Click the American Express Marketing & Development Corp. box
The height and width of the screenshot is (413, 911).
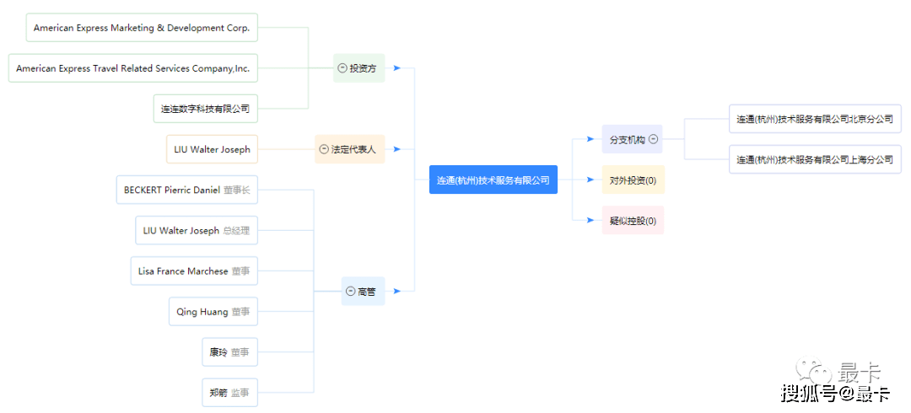click(x=142, y=28)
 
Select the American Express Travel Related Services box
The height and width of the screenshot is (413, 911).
click(x=133, y=68)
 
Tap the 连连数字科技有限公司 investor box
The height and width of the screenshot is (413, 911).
click(x=206, y=109)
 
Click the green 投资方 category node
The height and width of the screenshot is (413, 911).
click(x=359, y=68)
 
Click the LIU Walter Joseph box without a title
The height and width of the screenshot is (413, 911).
click(x=212, y=149)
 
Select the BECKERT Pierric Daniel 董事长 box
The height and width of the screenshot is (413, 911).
click(x=187, y=190)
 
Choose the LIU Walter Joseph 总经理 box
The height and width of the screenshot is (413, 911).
click(x=197, y=231)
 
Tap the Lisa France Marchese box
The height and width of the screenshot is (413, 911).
click(x=194, y=271)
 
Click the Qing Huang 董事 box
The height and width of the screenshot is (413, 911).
click(x=213, y=312)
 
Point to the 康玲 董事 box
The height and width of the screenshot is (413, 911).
click(x=230, y=352)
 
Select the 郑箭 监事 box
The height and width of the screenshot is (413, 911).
click(x=230, y=393)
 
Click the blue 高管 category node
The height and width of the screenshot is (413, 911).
click(x=363, y=292)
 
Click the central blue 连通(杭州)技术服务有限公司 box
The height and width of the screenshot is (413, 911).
click(x=493, y=180)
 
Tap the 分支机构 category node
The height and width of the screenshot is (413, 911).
click(x=632, y=139)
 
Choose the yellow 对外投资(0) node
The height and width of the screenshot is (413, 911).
click(x=633, y=180)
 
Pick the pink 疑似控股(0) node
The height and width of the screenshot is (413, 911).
click(x=633, y=221)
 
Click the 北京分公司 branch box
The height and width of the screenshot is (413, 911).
click(x=815, y=119)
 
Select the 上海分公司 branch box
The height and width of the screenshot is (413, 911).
click(x=815, y=159)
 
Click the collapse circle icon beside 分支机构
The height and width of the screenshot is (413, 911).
click(x=653, y=139)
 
